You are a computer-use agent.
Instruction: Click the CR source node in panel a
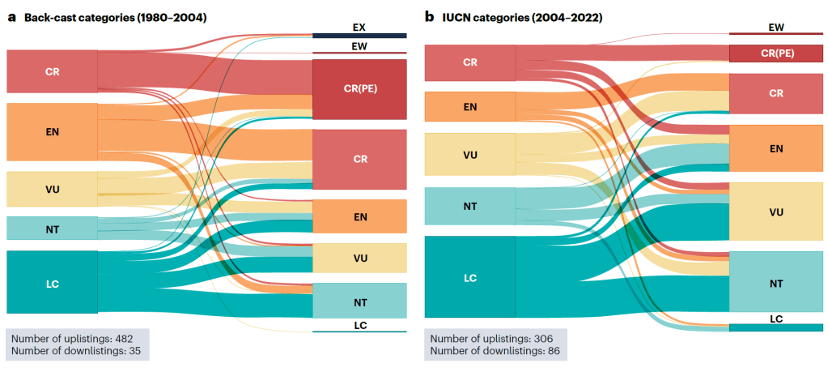52,71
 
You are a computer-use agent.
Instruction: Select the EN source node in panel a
52,131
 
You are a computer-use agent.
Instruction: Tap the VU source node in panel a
52,189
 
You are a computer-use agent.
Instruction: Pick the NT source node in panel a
52,228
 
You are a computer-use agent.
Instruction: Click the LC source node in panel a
52,283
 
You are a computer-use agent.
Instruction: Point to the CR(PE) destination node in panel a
359,89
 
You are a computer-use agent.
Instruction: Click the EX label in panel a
359,28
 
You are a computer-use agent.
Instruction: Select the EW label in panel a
359,47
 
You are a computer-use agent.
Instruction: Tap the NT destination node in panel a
359,301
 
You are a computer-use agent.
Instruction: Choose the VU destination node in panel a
359,258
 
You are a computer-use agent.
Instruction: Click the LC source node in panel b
470,277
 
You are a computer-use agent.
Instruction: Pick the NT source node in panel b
470,207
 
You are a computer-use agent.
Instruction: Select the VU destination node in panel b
776,212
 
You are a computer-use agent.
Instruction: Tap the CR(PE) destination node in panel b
776,53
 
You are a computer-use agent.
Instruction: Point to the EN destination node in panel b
776,148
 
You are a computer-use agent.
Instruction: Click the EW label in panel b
776,28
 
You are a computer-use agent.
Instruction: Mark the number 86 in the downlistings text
553,350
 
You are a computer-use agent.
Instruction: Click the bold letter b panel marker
429,16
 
